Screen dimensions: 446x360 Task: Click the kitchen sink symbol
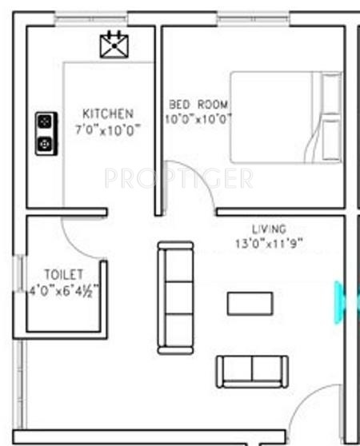(x=114, y=45)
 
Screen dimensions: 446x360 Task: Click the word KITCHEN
(x=108, y=114)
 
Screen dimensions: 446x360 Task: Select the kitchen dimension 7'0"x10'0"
(x=108, y=129)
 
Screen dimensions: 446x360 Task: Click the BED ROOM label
(x=198, y=105)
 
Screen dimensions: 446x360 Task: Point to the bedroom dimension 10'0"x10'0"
(x=198, y=119)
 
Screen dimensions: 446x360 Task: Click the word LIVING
(x=269, y=229)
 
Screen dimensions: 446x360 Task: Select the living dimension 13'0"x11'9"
(x=269, y=242)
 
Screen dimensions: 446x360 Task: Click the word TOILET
(x=64, y=275)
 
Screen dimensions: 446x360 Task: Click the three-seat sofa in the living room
(x=175, y=297)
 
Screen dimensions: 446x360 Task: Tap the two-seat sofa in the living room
(x=252, y=370)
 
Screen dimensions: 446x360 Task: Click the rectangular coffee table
(x=250, y=304)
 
